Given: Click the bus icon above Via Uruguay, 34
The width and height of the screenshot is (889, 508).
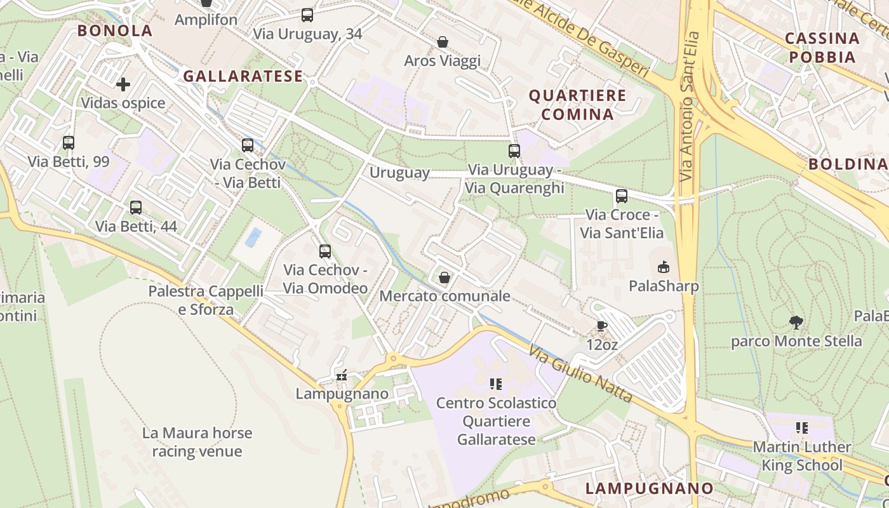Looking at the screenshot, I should coord(307,15).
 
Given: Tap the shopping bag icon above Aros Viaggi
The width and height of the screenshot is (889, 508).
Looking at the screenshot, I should coord(443,42).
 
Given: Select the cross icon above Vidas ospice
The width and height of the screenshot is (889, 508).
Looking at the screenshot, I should coord(123,84).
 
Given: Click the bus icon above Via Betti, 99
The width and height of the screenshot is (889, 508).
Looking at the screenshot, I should coord(69,143).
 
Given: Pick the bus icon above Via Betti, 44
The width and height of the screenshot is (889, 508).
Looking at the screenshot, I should coord(136,208).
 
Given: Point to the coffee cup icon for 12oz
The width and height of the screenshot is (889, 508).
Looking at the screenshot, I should coord(602,326).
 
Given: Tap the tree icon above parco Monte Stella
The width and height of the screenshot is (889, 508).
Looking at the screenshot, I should coord(796,322).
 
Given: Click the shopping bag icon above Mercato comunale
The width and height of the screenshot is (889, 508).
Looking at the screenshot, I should coord(444,277).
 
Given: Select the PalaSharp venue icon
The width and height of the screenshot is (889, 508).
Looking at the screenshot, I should coord(664,267).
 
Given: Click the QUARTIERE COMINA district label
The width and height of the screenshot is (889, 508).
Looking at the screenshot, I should coord(577,105).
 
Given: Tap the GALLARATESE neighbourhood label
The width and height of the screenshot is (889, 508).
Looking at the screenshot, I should coord(243,76).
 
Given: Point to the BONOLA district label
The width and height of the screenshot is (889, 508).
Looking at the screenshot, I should coord(115,30).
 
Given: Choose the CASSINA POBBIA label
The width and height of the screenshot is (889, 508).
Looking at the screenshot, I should coord(822,47).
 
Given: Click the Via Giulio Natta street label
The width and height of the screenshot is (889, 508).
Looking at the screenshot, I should coord(580,375).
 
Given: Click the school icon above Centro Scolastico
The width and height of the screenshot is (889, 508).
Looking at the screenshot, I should coord(496,384).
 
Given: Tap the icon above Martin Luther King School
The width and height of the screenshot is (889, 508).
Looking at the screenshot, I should coord(802,428).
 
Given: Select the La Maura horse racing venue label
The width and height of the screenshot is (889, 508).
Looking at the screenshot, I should coord(197,442).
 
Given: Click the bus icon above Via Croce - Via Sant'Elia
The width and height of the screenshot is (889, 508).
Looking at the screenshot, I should coord(622,196).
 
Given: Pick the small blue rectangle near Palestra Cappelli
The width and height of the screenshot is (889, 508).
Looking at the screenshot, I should coord(254,237).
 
